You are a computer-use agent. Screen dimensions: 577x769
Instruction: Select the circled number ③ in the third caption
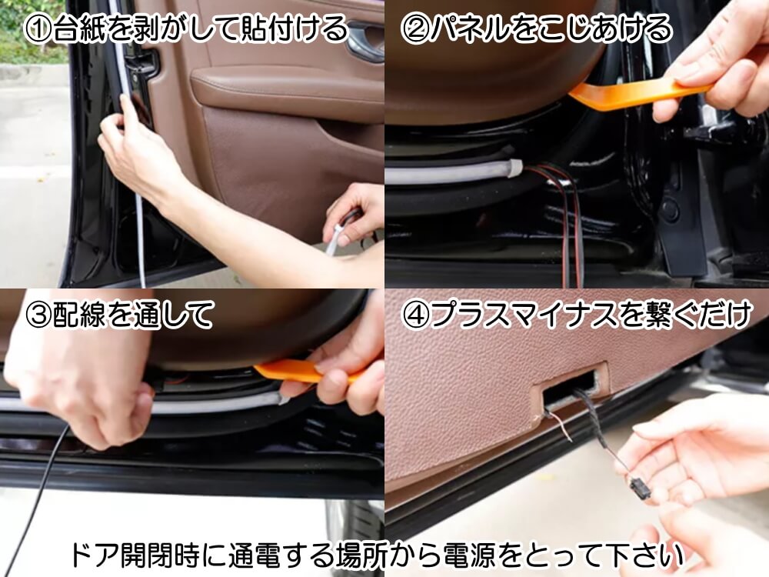(38, 316)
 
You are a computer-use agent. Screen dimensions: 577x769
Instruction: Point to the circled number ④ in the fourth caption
(415, 316)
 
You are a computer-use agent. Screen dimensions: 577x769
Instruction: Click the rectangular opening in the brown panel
(573, 389)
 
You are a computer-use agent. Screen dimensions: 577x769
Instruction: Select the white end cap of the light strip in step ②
(514, 167)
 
